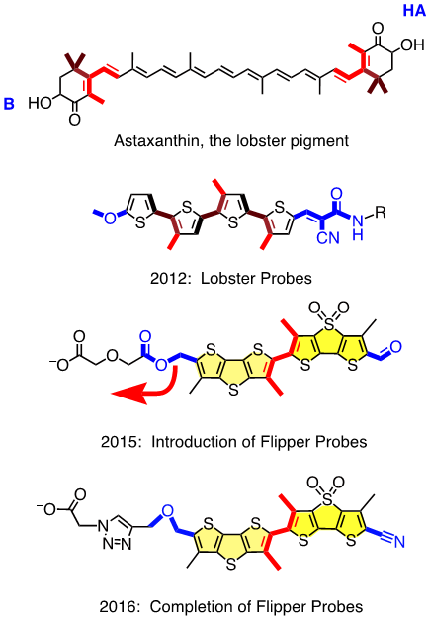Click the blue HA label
point(414,10)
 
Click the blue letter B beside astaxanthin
point(9,104)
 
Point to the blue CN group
point(328,237)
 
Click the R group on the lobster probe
point(380,213)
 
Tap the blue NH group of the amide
point(358,227)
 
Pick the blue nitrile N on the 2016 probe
point(399,541)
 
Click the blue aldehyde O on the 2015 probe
point(396,347)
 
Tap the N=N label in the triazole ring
point(117,544)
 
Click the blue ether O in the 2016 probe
point(167,511)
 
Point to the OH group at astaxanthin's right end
point(412,44)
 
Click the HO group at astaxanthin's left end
point(41,103)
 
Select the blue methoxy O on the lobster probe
point(110,218)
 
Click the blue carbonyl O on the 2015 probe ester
point(145,336)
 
